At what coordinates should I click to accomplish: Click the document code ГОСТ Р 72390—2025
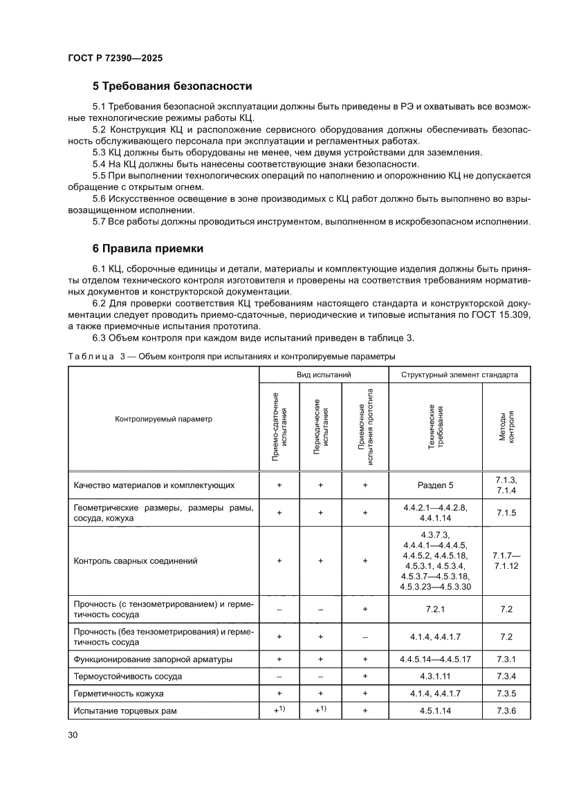click(x=116, y=59)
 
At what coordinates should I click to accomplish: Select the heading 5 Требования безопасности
click(x=172, y=86)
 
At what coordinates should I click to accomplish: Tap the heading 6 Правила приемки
click(x=147, y=247)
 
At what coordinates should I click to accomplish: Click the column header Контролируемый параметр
click(x=164, y=418)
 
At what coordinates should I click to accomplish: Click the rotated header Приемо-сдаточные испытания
click(x=279, y=426)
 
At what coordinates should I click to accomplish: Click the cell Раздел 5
click(x=436, y=485)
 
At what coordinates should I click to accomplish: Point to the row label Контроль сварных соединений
click(x=136, y=561)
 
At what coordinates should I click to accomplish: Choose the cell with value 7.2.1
click(x=436, y=609)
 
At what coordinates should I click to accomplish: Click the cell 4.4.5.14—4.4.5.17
click(x=436, y=659)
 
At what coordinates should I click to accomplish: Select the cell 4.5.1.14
click(x=436, y=711)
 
